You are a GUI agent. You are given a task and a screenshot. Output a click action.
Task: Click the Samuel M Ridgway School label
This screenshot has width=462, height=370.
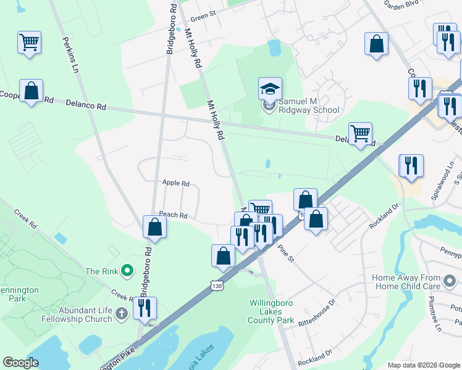309,105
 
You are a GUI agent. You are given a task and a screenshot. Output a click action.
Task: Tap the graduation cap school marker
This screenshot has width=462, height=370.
270,90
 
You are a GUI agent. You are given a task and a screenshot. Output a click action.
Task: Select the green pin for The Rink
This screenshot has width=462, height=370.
127,270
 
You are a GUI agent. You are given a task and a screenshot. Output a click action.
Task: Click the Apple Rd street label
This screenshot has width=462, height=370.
175,183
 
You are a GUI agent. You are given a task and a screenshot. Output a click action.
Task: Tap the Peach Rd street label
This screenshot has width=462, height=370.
173,215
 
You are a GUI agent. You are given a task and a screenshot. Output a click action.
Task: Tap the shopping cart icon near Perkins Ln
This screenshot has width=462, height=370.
29,43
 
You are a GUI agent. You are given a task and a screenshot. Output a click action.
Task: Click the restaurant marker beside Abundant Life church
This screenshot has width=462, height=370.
145,308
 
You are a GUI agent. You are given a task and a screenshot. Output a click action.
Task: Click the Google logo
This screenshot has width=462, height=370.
20,363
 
